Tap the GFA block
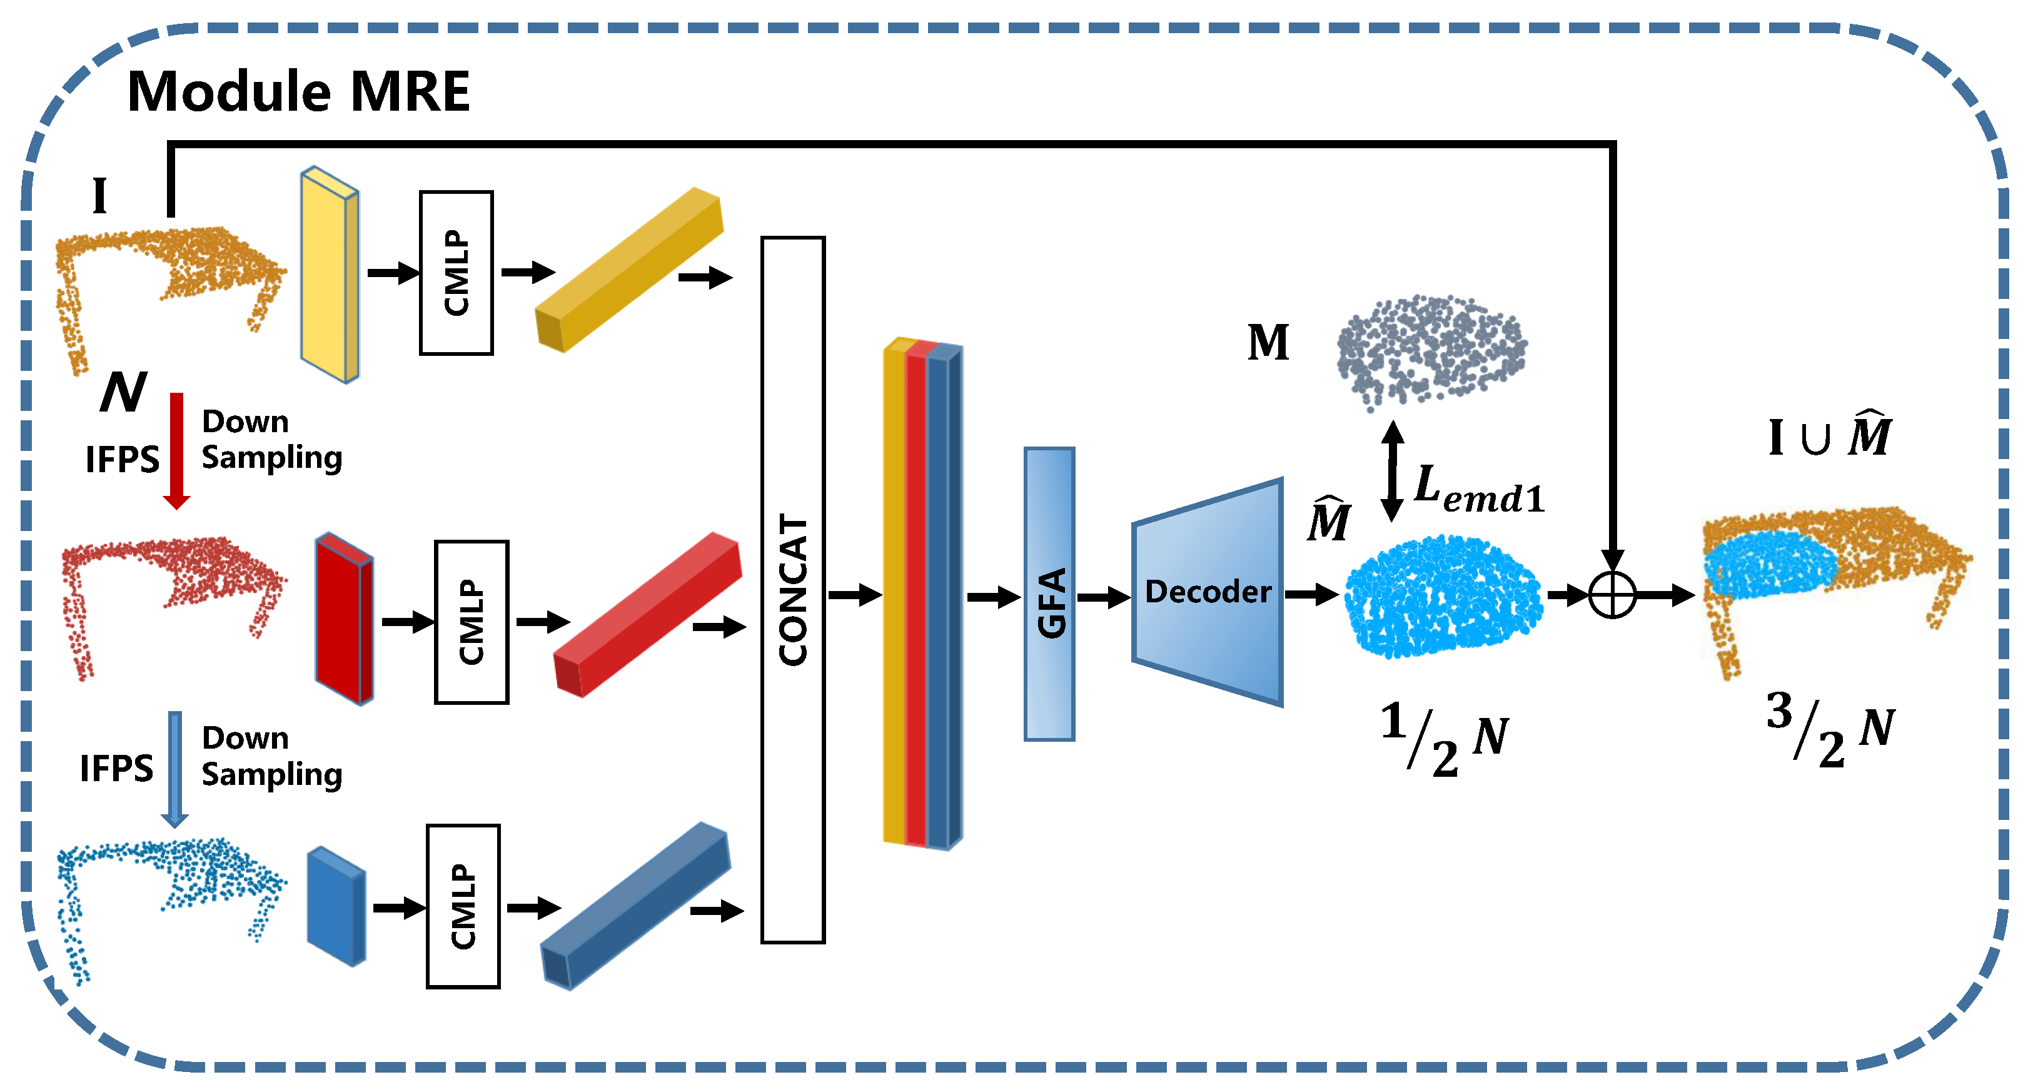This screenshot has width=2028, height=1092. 1049,594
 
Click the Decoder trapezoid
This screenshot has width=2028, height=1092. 1208,592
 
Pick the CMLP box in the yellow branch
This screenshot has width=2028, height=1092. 456,273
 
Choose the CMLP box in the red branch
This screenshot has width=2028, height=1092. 471,622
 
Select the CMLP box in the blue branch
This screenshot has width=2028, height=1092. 463,906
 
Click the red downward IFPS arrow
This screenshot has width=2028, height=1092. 176,450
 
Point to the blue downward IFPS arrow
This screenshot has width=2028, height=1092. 174,767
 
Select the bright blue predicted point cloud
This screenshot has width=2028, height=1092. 1442,597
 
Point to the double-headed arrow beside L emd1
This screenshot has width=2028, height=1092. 1392,471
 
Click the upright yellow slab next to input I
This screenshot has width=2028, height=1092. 329,274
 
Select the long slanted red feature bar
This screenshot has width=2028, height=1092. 647,614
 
